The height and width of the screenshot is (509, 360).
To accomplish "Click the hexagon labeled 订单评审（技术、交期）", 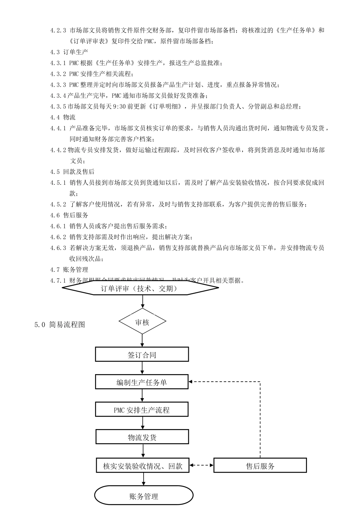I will (140, 289).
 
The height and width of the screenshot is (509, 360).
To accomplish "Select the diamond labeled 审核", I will (142, 322).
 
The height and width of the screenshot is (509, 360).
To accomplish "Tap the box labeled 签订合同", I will (142, 354).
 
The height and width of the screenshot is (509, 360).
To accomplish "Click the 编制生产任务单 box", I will (142, 382).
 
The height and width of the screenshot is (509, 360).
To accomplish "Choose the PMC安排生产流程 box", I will (142, 410).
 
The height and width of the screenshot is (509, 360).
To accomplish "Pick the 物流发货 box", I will (142, 437).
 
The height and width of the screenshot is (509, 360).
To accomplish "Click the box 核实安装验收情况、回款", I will (142, 465).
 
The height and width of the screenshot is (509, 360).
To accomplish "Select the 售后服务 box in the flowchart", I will (260, 465).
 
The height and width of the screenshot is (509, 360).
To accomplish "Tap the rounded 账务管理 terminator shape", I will (144, 496).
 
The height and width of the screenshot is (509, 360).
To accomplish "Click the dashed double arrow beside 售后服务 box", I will (201, 465).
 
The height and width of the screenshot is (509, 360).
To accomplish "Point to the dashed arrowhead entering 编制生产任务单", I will (191, 382).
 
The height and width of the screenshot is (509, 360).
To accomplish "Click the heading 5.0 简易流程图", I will (59, 325).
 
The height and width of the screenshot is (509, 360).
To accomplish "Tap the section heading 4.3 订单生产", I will (69, 52).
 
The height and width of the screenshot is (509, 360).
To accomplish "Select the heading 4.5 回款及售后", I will (72, 172).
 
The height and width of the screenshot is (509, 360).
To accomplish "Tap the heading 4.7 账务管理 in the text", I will (69, 270).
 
